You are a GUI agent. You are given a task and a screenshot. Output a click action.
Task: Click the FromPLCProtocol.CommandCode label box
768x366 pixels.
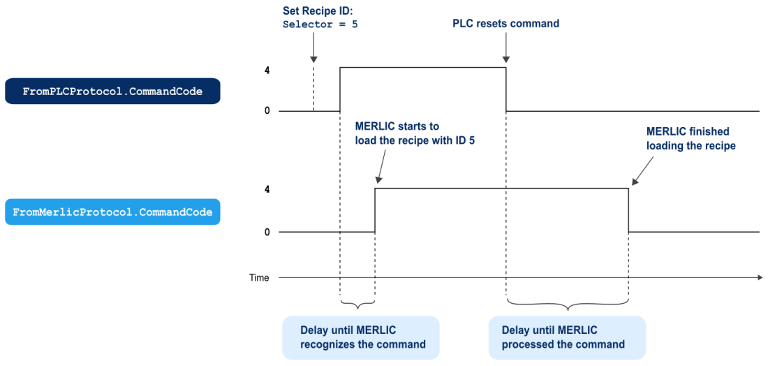click(112, 91)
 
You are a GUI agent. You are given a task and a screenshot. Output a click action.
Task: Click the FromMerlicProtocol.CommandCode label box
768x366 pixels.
click(112, 212)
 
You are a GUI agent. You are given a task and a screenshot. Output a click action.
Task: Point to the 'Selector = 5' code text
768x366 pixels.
click(320, 24)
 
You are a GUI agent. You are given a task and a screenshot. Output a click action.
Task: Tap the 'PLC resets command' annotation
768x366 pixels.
click(505, 24)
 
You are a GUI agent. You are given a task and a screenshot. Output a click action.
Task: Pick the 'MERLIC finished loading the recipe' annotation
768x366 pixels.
click(691, 139)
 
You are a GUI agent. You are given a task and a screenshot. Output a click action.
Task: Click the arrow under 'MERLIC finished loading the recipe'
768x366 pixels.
click(642, 171)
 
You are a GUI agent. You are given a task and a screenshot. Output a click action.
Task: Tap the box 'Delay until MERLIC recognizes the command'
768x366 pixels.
click(361, 337)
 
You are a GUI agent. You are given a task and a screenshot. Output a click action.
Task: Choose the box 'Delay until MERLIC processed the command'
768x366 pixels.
click(567, 337)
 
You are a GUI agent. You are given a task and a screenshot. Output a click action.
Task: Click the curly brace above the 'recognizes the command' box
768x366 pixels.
click(358, 303)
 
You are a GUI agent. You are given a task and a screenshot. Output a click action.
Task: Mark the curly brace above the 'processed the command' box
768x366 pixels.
click(568, 303)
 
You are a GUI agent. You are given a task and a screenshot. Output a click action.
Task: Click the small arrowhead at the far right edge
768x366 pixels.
click(760, 277)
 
